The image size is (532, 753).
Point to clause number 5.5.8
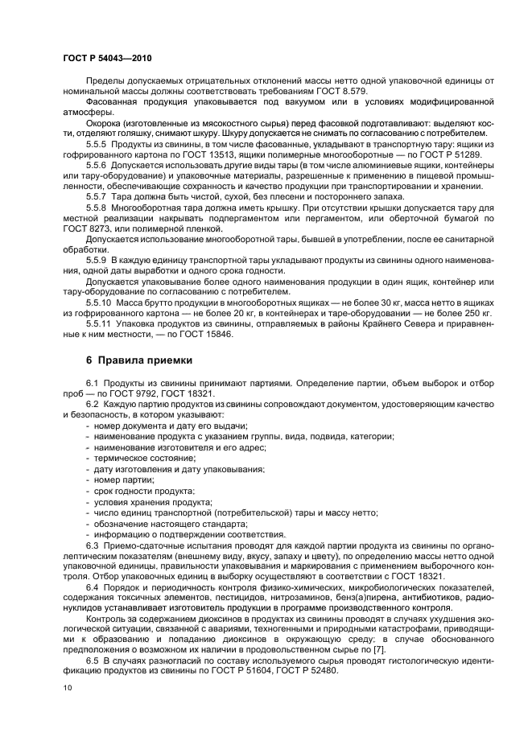(x=98, y=206)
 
